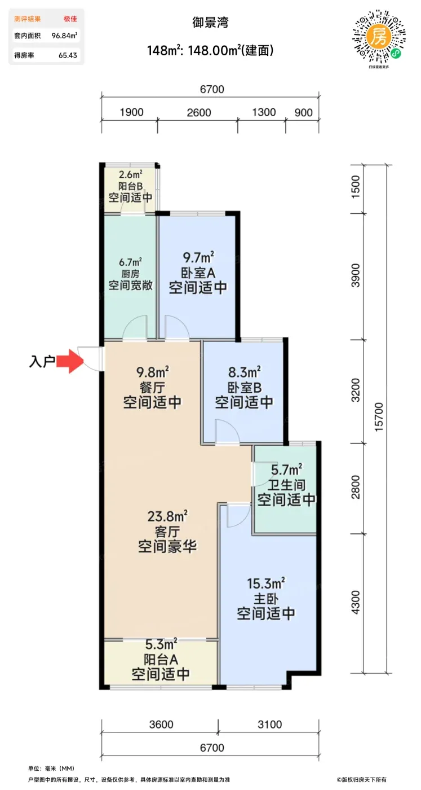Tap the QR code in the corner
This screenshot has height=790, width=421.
click(x=379, y=38)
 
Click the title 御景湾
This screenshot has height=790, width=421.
click(x=210, y=23)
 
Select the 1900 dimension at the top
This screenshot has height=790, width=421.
click(x=131, y=112)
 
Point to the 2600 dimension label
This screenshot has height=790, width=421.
click(x=199, y=112)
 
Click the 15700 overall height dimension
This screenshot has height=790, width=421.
click(x=379, y=416)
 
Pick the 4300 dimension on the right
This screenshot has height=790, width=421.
click(x=356, y=603)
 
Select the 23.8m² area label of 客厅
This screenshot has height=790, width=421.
click(x=167, y=517)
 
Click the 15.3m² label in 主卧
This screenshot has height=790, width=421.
click(x=265, y=583)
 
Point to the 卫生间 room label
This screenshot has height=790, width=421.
click(x=286, y=485)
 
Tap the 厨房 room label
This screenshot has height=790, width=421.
click(x=130, y=274)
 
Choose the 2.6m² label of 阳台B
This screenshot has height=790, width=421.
click(x=130, y=174)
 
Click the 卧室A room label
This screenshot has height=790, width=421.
click(x=198, y=273)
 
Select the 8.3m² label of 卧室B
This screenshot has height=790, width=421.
click(x=245, y=372)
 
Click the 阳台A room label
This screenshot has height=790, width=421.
click(x=161, y=660)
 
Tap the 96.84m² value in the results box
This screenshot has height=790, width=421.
click(x=64, y=36)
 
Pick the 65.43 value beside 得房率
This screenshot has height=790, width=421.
click(x=68, y=55)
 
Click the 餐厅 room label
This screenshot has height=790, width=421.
click(x=152, y=388)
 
